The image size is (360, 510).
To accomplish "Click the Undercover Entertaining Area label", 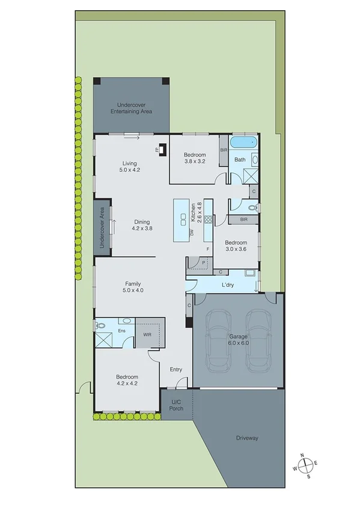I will pos(130,108).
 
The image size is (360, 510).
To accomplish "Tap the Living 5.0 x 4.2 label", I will pos(130,167).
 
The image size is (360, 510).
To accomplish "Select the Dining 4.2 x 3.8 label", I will pos(142,225).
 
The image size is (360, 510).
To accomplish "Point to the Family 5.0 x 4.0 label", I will pos(133,287).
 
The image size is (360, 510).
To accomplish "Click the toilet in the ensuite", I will pos(101,325).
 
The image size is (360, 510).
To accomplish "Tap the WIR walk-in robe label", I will pos(147,334).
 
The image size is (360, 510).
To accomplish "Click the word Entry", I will pos(175,370).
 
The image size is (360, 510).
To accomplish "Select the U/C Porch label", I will pos(176,404).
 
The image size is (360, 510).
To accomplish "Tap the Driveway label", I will pos(247,438).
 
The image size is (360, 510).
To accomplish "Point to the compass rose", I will pos(307,464).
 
